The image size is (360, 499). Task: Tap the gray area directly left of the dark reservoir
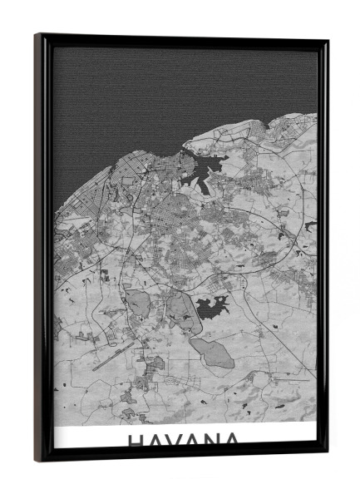pyautogui.click(x=180, y=309)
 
